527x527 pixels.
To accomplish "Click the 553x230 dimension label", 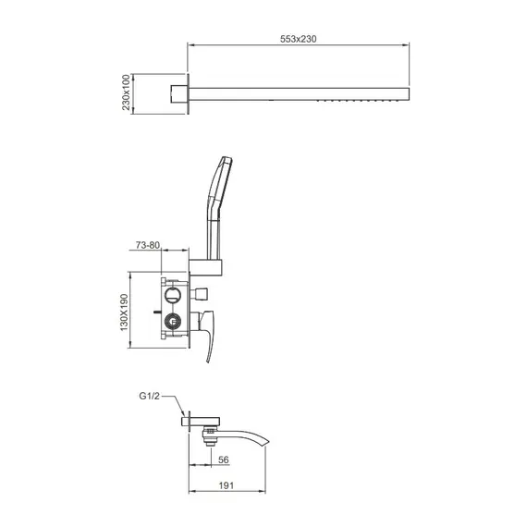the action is click(298, 39).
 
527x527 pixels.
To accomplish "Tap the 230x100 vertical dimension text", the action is click(126, 92).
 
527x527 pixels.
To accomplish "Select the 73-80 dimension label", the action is click(148, 245).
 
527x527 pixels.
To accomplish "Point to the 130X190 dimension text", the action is click(124, 313).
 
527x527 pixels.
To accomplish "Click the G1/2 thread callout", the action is click(149, 396).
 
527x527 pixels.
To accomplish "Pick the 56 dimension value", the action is click(223, 460).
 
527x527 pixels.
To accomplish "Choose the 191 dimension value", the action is click(226, 485).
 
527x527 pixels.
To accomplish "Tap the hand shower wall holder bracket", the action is click(205, 267).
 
